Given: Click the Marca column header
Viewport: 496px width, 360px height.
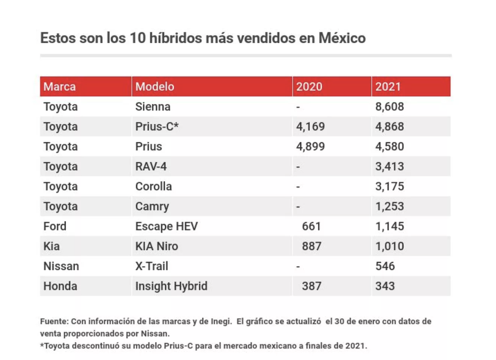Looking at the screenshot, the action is click(x=60, y=87).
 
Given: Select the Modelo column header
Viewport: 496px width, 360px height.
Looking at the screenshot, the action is click(x=155, y=87).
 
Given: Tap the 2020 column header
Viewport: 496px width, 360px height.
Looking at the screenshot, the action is click(x=309, y=87).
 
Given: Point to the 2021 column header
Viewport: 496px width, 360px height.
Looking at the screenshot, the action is click(x=388, y=87).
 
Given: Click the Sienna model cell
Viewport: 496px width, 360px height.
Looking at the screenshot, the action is click(x=153, y=107).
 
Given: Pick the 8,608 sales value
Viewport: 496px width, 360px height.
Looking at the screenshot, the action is click(x=389, y=107).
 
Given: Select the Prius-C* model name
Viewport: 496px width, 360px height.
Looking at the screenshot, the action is click(x=157, y=126).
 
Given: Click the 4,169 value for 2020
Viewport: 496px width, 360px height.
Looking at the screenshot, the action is click(x=310, y=127).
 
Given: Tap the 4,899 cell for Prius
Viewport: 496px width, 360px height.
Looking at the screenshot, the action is click(x=310, y=147).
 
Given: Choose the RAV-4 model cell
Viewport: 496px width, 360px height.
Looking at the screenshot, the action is click(x=151, y=167).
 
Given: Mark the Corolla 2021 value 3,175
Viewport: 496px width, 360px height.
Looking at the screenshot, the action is click(x=389, y=186).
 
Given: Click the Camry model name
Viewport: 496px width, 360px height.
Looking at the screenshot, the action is click(x=152, y=207).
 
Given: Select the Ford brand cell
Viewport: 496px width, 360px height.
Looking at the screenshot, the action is click(x=55, y=226).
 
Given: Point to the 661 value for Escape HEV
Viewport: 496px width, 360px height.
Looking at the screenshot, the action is click(x=311, y=226).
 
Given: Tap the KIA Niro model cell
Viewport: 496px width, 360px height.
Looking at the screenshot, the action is click(x=157, y=246).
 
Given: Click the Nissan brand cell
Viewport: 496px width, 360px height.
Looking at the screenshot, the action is click(x=61, y=266).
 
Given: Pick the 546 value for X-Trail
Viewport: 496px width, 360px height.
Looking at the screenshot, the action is click(x=385, y=266).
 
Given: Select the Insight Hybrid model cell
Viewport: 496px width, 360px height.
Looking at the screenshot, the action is click(x=172, y=286).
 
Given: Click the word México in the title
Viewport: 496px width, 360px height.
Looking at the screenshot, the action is click(x=342, y=38).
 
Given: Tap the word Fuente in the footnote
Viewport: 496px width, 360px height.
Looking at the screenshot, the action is click(x=54, y=321).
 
